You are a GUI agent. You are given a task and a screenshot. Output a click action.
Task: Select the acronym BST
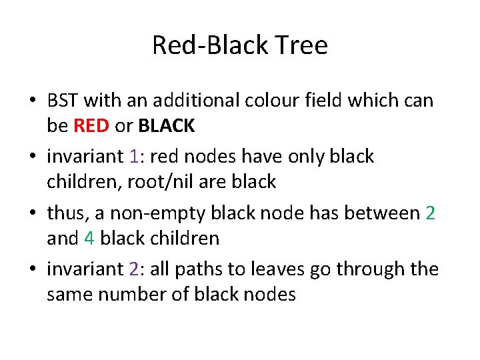point(64,101)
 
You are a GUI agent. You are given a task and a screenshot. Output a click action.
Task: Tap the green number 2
point(431,213)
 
